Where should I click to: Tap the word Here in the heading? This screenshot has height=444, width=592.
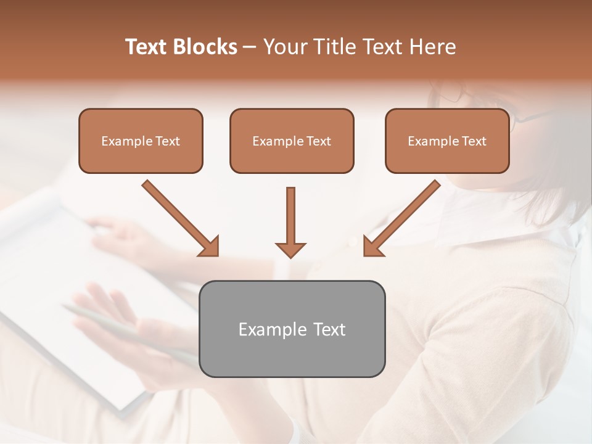pyautogui.click(x=433, y=47)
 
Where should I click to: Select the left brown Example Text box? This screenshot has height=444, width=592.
pyautogui.click(x=141, y=141)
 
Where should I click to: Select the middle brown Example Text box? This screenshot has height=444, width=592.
pyautogui.click(x=292, y=141)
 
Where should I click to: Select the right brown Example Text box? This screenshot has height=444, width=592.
pyautogui.click(x=447, y=141)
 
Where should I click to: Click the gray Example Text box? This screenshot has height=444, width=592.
pyautogui.click(x=292, y=329)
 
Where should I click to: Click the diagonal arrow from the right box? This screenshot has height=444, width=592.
pyautogui.click(x=403, y=216)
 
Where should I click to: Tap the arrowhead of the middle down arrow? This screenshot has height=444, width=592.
pyautogui.click(x=290, y=249)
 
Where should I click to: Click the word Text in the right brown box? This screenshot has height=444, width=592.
pyautogui.click(x=474, y=141)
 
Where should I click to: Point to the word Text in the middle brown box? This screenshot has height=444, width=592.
pyautogui.click(x=319, y=141)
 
